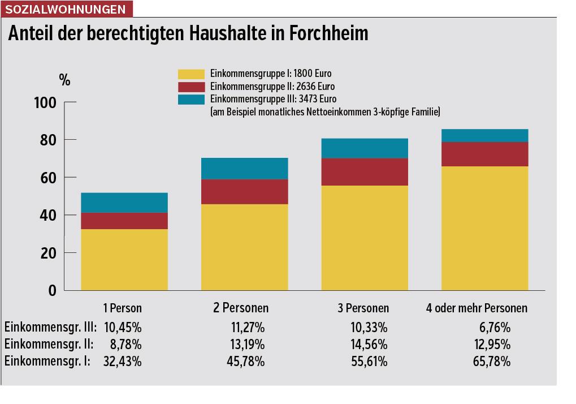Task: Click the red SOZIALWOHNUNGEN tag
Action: click(67, 9)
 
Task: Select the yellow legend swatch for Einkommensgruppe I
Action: click(191, 74)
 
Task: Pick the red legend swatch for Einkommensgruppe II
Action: click(191, 87)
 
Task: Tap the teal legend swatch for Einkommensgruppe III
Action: click(191, 100)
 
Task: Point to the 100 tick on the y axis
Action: click(45, 102)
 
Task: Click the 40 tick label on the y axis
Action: click(48, 215)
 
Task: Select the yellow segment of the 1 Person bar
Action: click(124, 259)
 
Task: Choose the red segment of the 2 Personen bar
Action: click(244, 191)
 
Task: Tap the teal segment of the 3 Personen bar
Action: click(365, 148)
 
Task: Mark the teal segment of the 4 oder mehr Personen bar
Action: click(484, 135)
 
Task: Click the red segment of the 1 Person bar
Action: click(124, 221)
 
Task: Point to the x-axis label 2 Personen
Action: click(241, 308)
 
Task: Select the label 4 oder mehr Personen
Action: click(477, 308)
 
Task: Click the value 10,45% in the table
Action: click(123, 327)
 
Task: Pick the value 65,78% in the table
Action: click(491, 362)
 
